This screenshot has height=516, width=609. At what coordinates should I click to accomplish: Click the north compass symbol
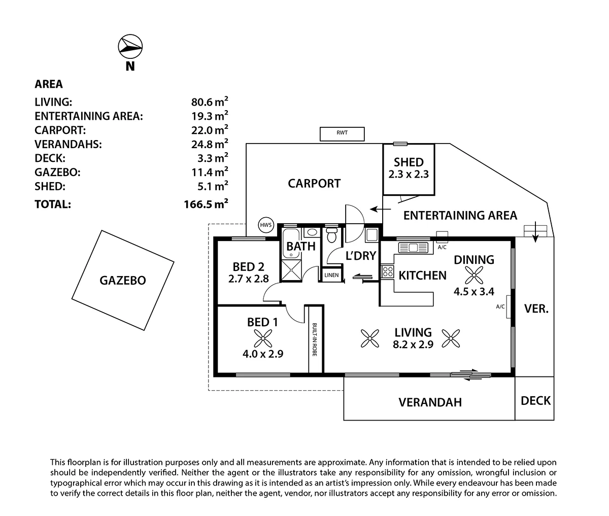pos(130,47)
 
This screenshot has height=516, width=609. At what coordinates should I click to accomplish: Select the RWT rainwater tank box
pos(343,134)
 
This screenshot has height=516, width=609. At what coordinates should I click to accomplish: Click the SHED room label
pos(409,162)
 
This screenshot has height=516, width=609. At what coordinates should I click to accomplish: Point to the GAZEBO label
pos(123,280)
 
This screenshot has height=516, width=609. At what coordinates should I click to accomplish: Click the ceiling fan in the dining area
pos(473,277)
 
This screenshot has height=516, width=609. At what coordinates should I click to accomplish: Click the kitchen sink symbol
pos(414,248)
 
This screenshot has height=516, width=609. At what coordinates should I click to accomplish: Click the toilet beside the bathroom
pos(332,236)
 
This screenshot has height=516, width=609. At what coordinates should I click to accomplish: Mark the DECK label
pos(535,400)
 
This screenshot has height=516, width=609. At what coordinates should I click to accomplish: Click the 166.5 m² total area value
pos(206,204)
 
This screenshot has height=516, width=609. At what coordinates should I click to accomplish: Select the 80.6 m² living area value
pos(207,101)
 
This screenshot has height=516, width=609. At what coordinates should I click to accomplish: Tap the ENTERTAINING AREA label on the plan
pos(460,215)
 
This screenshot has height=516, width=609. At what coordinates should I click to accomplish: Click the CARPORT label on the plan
pos(314,183)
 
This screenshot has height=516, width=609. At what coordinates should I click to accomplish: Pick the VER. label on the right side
pos(536,308)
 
